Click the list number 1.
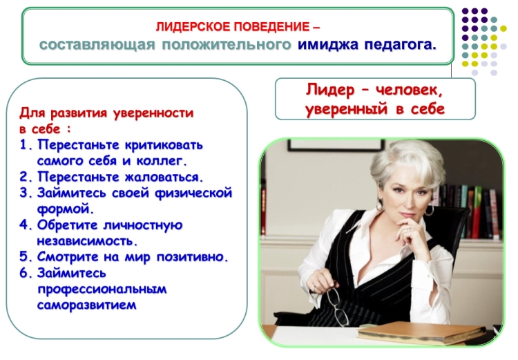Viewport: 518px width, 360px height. [26, 146]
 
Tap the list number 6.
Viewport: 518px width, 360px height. [26, 273]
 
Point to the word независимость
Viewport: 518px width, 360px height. [87, 240]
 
